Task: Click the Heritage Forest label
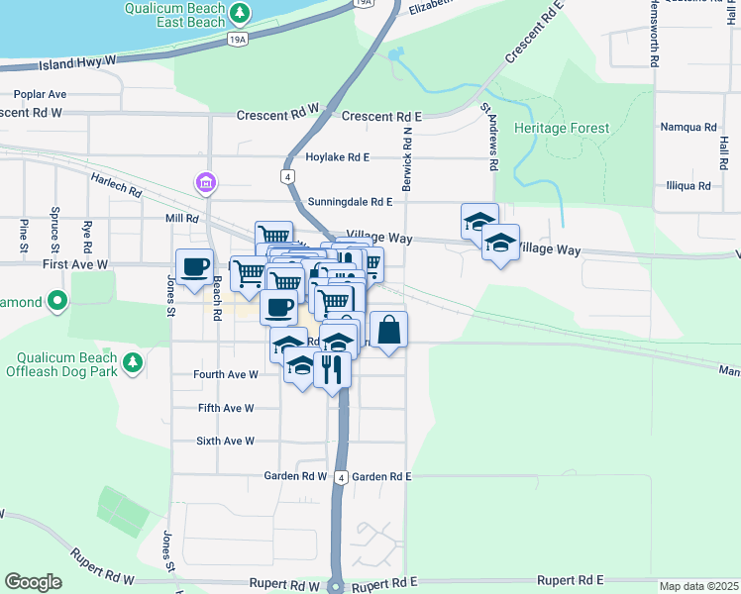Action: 562,129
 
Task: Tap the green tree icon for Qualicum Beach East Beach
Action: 240,13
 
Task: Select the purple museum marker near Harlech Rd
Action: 206,183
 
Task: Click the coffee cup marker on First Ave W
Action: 194,265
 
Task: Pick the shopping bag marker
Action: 389,330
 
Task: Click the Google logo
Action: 33,582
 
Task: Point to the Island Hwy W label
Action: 78,61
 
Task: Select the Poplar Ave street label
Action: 40,94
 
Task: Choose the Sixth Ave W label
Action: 225,441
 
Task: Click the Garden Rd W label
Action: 295,476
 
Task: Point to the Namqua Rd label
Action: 688,128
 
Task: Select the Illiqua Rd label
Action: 688,185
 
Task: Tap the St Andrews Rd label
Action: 488,137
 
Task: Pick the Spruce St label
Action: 53,227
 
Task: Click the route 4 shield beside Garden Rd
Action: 340,476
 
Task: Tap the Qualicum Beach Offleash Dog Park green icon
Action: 130,367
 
